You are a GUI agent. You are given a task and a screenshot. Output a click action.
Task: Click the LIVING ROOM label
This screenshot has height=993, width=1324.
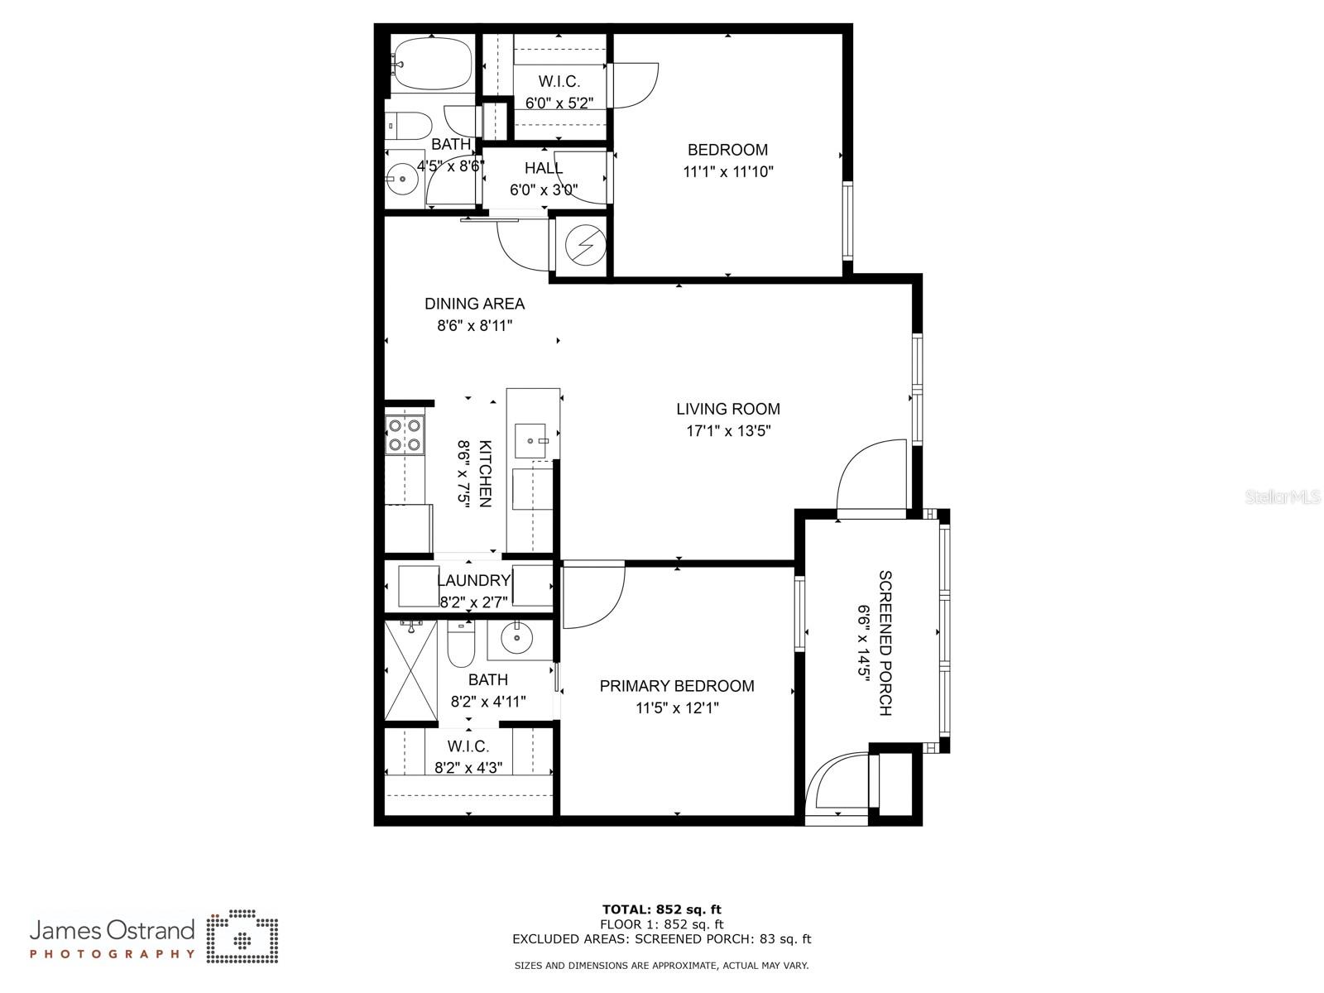coord(727,409)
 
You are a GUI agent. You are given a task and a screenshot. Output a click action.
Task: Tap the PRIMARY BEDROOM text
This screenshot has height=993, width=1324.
coord(676,686)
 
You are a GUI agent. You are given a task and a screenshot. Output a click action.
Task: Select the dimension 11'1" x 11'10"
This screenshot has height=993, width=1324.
coord(728,172)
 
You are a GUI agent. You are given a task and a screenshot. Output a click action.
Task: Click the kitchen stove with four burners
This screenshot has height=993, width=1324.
coord(405,435)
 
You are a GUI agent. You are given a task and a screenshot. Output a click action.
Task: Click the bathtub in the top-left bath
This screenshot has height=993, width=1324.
coord(432,64)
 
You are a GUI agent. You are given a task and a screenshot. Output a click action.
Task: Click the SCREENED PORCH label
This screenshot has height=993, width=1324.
coord(885,642)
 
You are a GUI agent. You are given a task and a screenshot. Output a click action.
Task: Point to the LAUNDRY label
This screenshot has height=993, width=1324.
coord(473,581)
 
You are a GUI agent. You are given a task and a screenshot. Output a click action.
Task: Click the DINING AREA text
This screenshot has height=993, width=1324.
coord(474,304)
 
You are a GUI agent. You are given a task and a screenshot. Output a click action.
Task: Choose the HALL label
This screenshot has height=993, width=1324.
coord(543,168)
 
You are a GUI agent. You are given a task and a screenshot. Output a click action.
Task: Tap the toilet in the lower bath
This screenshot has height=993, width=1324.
coord(461,646)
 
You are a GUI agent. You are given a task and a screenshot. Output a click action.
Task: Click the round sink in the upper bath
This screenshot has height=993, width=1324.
coord(403,177)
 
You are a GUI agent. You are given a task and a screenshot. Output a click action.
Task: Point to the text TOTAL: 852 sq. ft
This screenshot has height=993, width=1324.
coord(661,909)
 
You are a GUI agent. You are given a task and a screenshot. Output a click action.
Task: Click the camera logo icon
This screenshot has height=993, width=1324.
coord(242,937)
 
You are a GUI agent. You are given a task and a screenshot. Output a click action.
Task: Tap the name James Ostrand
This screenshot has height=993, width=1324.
coord(112,930)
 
